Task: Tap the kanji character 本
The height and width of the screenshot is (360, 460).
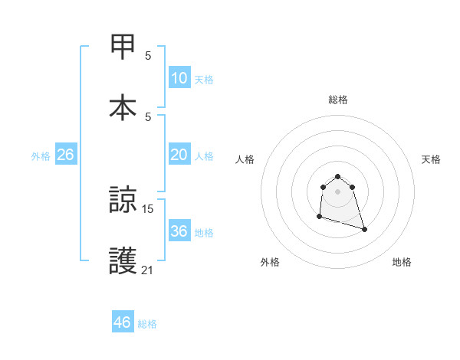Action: point(123,106)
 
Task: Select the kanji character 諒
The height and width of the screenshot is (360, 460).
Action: point(123,201)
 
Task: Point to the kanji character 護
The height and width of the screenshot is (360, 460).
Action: point(123,260)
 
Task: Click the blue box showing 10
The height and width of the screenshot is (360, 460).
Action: point(179,78)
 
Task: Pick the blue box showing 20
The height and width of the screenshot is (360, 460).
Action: point(179,155)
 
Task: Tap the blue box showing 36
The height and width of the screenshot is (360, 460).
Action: point(179,231)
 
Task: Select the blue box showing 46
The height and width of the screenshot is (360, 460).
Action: point(123,322)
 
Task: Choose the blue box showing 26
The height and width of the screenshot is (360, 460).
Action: point(65,155)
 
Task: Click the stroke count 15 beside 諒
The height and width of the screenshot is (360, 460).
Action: point(148,208)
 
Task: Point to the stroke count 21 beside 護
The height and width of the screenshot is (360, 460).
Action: point(148,269)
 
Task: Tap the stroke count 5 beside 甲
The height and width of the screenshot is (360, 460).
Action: point(148,55)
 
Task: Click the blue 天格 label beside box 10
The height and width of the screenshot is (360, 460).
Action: point(203,79)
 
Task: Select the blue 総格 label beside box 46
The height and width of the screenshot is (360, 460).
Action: point(147,324)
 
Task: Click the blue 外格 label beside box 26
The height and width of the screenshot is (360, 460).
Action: point(41,155)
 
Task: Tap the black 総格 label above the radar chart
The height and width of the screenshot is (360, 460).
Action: point(337,100)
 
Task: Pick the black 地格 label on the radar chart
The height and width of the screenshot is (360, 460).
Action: point(402,262)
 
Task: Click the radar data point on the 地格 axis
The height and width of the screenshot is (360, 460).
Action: point(364,229)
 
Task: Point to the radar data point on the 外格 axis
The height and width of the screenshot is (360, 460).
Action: point(319,217)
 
